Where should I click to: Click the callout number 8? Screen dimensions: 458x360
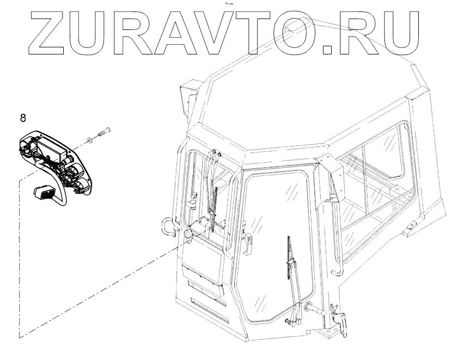[22, 117]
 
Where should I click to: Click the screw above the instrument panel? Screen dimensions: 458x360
[103, 131]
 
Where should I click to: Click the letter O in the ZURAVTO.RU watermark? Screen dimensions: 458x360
[294, 33]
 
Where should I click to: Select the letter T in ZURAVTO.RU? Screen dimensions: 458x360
[248, 33]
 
